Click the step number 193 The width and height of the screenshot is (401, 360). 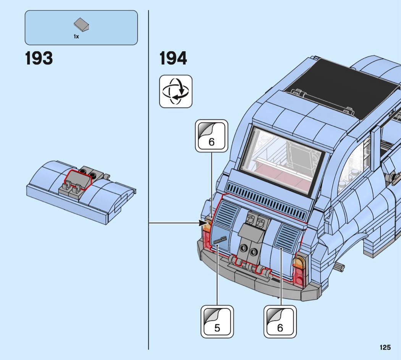click(x=39, y=58)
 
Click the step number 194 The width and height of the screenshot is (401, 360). click(x=173, y=58)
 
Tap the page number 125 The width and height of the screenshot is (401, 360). click(x=385, y=347)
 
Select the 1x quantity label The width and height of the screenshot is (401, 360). click(x=76, y=36)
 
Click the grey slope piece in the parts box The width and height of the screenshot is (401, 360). click(x=81, y=24)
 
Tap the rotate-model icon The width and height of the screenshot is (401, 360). click(x=176, y=91)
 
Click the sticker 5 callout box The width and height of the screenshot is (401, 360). click(x=217, y=321)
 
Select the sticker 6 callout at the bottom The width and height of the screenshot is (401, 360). click(x=280, y=321)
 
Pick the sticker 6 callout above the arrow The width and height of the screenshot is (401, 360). click(x=212, y=136)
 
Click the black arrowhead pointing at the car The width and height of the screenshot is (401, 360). click(x=204, y=223)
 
